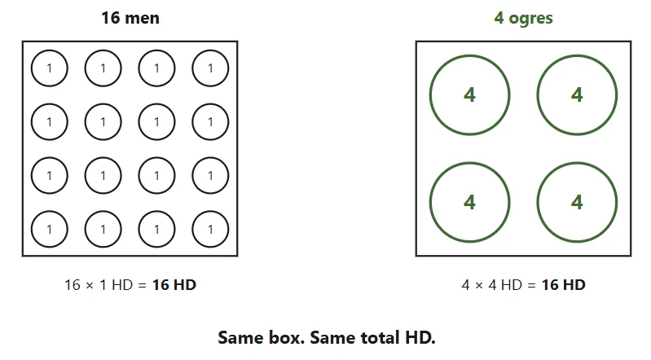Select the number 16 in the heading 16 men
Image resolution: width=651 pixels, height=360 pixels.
pos(111,18)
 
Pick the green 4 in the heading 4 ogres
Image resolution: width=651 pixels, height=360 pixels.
pos(499,18)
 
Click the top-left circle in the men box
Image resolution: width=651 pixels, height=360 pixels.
pos(31,68)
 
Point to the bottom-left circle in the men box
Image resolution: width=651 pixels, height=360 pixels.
pos(31,229)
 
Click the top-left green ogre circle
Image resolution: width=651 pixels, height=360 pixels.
pos(430,95)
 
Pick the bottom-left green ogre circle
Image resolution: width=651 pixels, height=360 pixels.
pos(430,202)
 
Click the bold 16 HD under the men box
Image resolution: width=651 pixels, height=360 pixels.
pos(174,285)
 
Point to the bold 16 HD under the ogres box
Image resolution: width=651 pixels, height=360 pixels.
pos(563,285)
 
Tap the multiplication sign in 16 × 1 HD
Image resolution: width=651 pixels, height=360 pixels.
pos(90,285)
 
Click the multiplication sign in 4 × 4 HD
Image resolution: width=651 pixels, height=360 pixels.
pos(479,285)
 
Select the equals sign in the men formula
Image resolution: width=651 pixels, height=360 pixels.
pos(142,285)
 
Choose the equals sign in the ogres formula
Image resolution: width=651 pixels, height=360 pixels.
pos(531,285)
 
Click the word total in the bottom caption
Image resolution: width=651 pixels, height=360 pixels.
pos(380,337)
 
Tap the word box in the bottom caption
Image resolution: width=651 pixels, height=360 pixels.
pos(287,337)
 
